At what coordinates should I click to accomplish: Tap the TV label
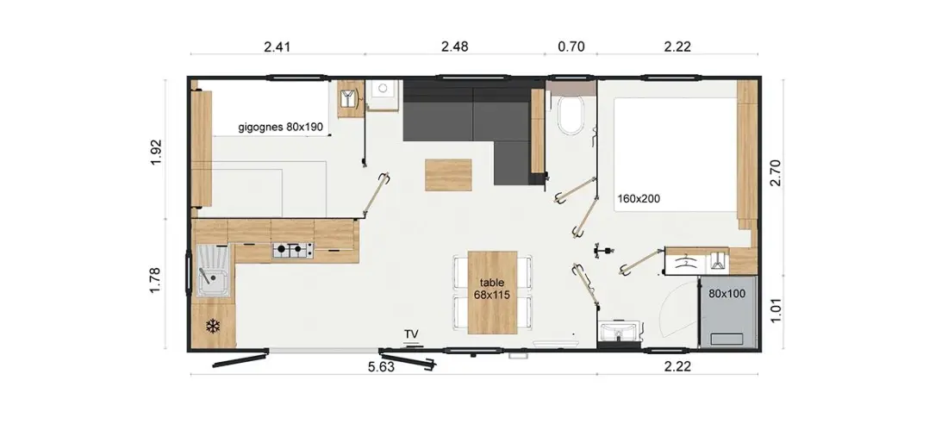click(412, 334)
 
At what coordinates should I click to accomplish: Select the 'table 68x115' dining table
click(493, 292)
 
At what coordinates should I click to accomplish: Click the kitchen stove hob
click(293, 248)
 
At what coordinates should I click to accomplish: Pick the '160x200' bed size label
click(639, 197)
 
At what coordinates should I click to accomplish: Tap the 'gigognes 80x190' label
click(281, 128)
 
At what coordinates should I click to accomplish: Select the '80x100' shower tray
click(727, 313)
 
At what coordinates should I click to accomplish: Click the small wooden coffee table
click(448, 175)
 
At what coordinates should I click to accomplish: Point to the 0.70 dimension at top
click(571, 47)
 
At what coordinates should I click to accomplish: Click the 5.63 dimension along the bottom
click(381, 367)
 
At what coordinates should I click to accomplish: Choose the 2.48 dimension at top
click(454, 47)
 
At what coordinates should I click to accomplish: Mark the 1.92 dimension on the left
click(157, 153)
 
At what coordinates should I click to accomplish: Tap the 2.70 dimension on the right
click(776, 172)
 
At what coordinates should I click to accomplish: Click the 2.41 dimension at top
click(278, 47)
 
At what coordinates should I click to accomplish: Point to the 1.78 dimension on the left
click(157, 280)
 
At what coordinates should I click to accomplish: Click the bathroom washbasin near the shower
click(617, 331)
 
